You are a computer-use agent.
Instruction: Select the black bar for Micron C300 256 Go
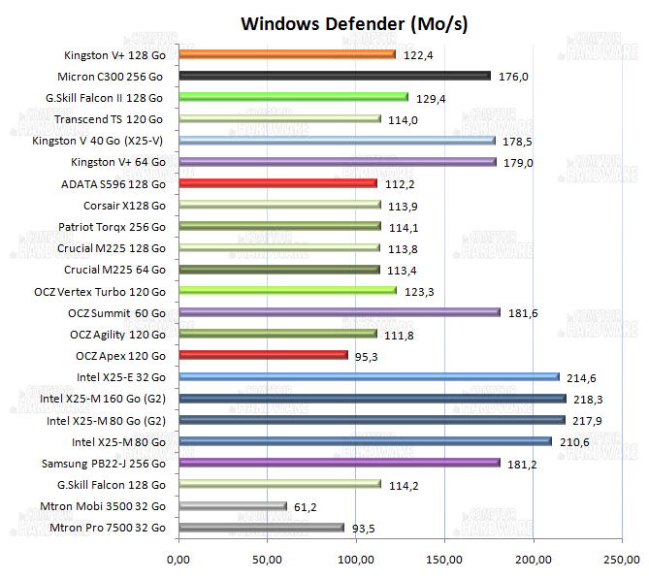(x=334, y=76)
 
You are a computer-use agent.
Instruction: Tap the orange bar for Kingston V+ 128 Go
(x=286, y=54)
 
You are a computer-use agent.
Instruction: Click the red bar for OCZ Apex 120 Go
(x=262, y=355)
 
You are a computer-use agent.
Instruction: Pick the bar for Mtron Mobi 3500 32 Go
(x=232, y=505)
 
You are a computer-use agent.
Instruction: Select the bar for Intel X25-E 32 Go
(x=368, y=376)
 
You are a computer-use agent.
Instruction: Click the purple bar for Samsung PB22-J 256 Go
(x=339, y=463)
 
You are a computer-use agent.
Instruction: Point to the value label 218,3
(x=590, y=399)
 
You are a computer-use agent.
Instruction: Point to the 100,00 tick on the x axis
(x=355, y=560)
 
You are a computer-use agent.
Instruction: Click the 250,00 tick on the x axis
(x=622, y=560)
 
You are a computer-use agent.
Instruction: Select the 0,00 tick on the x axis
(x=178, y=560)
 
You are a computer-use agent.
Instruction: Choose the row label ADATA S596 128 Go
(x=113, y=183)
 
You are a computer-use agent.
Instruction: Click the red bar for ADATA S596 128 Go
(x=277, y=183)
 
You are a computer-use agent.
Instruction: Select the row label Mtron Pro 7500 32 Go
(x=110, y=527)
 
